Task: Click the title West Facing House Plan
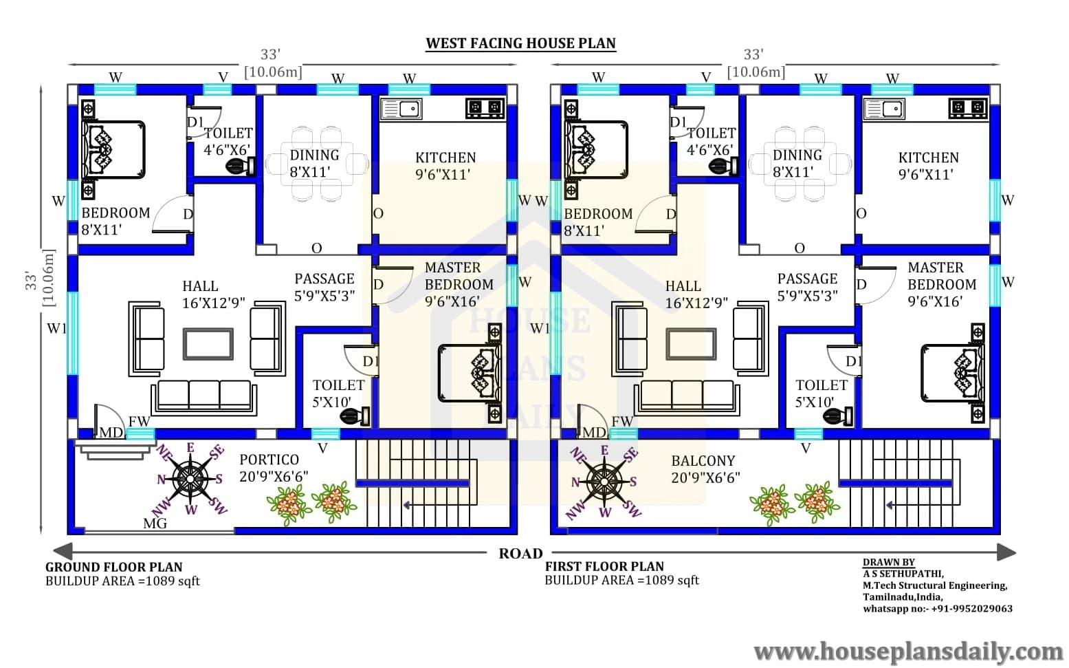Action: coord(520,43)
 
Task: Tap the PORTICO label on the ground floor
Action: coord(269,460)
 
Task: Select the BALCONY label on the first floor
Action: coord(703,461)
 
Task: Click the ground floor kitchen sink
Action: coord(401,109)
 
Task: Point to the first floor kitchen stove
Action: coord(968,108)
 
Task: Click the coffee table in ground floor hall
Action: coord(208,344)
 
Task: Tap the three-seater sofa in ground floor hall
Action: coord(203,397)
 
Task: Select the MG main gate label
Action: coord(155,524)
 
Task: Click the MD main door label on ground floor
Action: coord(111,433)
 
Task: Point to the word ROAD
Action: coord(520,553)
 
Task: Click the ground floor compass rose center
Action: coord(190,478)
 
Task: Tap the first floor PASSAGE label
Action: coord(808,279)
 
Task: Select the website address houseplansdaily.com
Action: coord(909,651)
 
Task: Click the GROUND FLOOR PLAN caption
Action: coord(113,568)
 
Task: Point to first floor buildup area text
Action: coord(622,580)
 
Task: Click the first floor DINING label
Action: coord(797,155)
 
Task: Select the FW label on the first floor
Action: coord(622,422)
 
